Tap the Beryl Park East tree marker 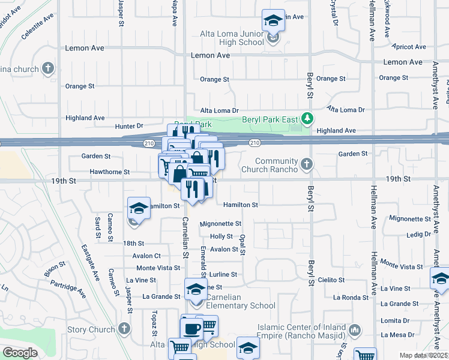tap(308, 118)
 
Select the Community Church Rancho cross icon tap(307, 164)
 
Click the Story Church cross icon tap(124, 329)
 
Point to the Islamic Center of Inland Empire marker tap(355, 329)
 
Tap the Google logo tap(20, 353)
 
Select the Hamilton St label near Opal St tap(240, 205)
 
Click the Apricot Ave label tap(408, 46)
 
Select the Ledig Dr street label tap(418, 235)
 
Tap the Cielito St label tap(332, 280)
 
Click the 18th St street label tap(133, 243)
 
